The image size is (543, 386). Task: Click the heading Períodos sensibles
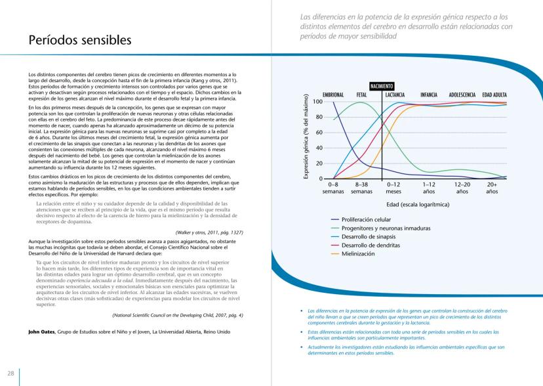(x=79, y=40)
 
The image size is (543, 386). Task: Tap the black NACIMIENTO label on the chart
(x=381, y=86)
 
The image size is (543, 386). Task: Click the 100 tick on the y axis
(x=317, y=102)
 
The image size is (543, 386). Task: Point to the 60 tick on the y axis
(x=319, y=133)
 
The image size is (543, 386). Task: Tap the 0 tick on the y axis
(x=321, y=179)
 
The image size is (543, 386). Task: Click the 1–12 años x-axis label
(x=429, y=188)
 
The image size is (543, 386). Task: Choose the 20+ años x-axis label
(x=492, y=188)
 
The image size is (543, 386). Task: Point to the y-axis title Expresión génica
(x=306, y=137)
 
